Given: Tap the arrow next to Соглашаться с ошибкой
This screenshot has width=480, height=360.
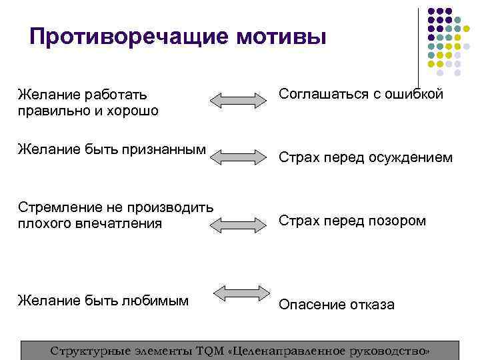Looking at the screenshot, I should (x=238, y=101).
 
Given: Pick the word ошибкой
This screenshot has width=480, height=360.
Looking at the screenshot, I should (x=415, y=94).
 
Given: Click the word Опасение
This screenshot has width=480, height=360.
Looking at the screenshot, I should (x=310, y=305).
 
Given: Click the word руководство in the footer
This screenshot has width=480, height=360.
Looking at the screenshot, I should (x=387, y=351).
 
